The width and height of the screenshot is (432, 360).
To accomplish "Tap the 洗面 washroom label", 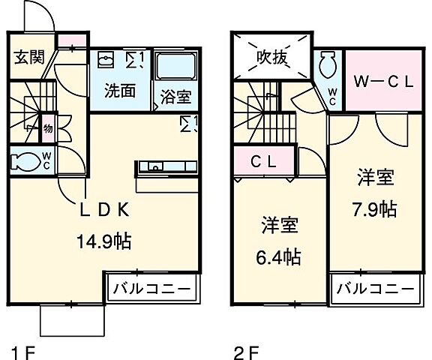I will coord(118,91).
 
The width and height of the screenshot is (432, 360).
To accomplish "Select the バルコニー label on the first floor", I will coord(153,288).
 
